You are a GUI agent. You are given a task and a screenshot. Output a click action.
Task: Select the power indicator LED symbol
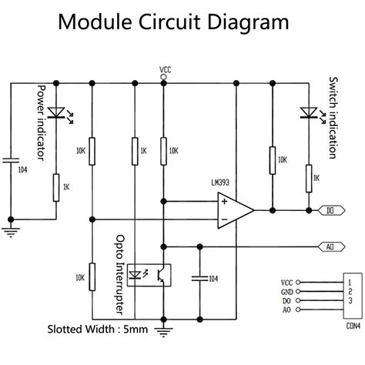55,112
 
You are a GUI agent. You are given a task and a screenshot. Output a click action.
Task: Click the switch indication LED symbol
309,112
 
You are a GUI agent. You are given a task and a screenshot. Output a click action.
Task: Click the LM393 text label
229,182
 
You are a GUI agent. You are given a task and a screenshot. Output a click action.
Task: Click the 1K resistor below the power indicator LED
55,186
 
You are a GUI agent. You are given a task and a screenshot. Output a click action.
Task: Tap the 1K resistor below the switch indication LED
309,179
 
